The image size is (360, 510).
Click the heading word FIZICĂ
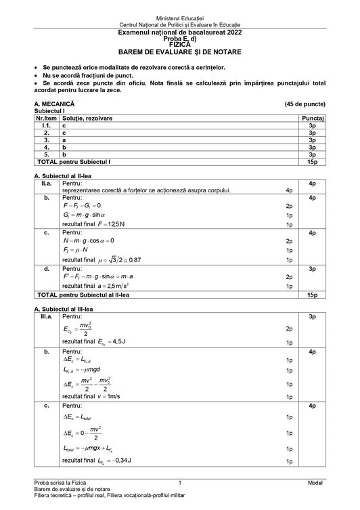click(180, 45)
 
